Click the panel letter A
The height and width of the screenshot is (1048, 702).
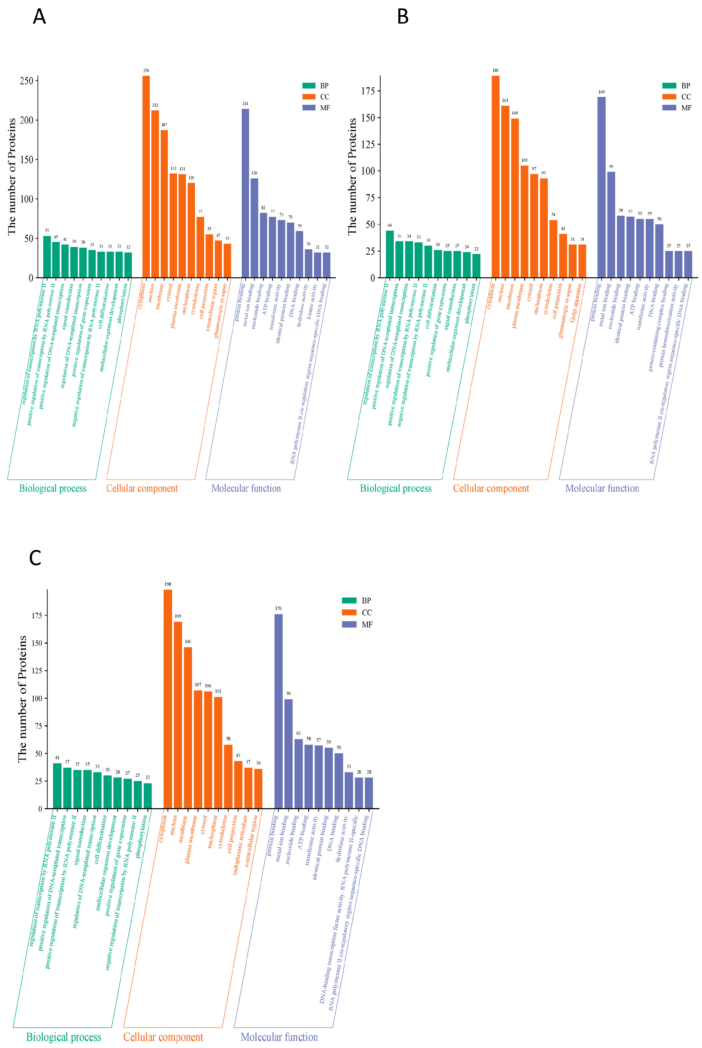40,17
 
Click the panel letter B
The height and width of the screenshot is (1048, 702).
402,17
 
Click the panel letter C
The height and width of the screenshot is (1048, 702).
35,558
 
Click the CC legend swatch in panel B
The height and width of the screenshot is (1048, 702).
669,97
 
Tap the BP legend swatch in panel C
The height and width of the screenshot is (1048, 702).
349,601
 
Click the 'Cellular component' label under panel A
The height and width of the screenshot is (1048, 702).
142,488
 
